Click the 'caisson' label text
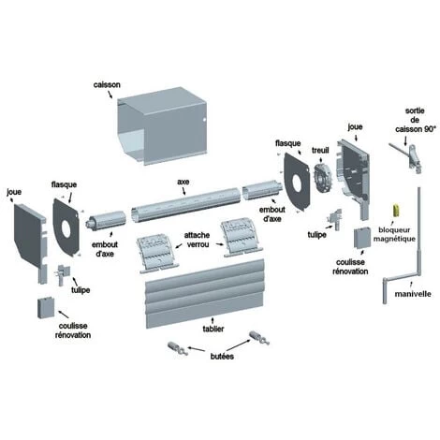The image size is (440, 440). [107, 85]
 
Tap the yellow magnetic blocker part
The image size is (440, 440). [396, 210]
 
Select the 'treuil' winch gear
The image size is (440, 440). [322, 178]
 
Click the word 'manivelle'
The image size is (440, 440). [413, 294]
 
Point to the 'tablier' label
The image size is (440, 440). [213, 329]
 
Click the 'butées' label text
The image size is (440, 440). [222, 356]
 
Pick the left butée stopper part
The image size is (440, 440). [177, 348]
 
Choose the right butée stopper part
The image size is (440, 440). [259, 338]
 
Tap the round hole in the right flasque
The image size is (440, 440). [297, 182]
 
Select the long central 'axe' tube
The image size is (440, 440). [186, 205]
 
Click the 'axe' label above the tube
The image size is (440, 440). [183, 182]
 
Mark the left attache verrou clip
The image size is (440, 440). [157, 255]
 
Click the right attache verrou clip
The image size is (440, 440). [242, 239]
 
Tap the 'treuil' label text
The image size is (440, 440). [320, 151]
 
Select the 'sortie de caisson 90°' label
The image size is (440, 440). [415, 120]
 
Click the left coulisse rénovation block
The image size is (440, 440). [46, 308]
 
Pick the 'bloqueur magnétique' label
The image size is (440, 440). [394, 234]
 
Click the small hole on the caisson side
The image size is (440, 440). [204, 120]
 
